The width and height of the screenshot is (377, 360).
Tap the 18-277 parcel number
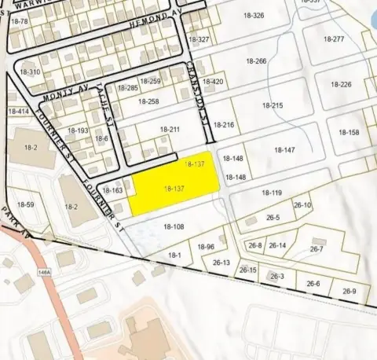[x=334, y=39]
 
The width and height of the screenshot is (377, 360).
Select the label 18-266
[x=256, y=61]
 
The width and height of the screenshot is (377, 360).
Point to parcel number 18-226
[x=340, y=85]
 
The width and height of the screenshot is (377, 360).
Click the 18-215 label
[x=272, y=105]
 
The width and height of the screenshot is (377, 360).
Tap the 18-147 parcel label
[x=284, y=150]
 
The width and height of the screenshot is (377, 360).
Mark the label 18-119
[x=271, y=193]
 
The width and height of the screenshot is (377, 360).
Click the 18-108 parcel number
[x=174, y=227]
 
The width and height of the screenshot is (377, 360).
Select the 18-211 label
[x=170, y=130]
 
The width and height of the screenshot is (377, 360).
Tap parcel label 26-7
[x=317, y=249]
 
